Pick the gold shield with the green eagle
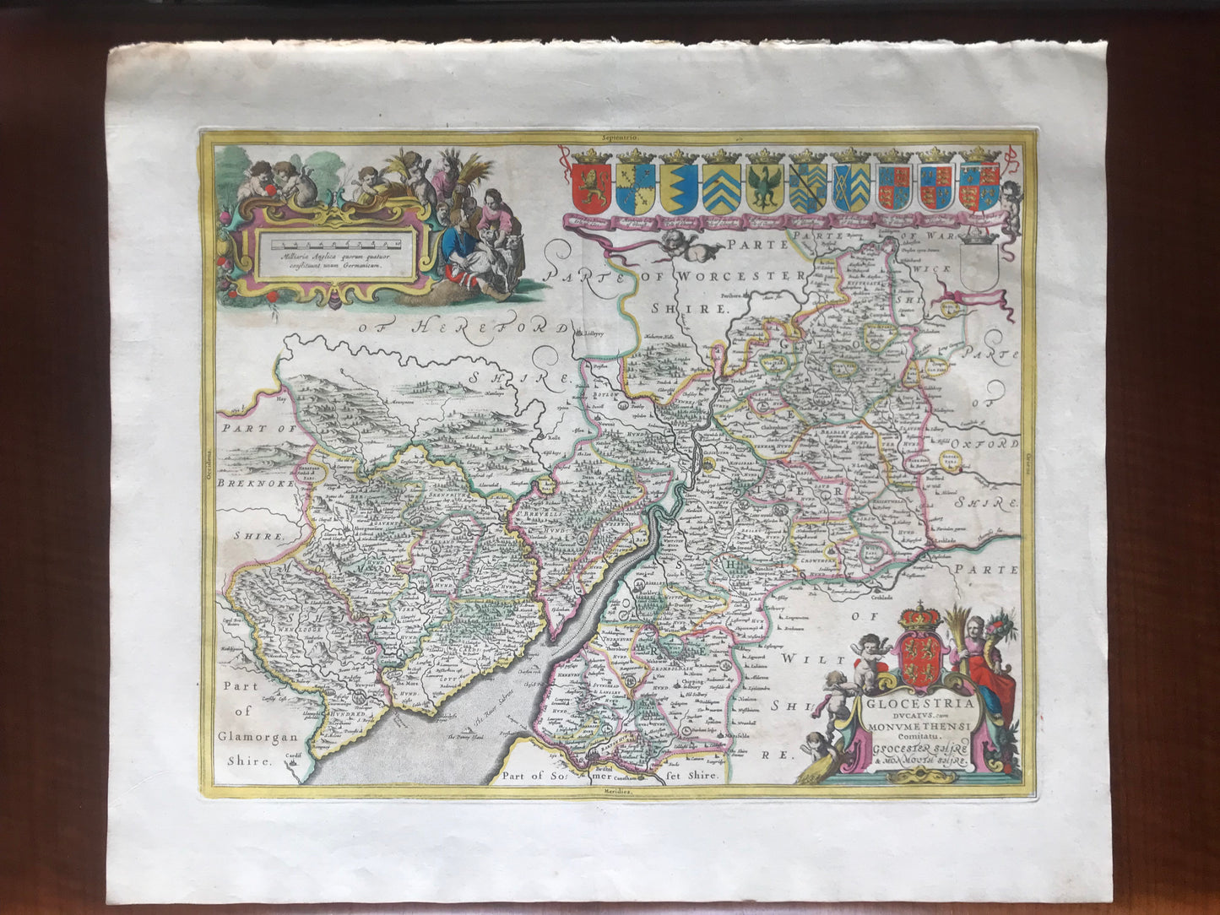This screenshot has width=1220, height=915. [x=764, y=188]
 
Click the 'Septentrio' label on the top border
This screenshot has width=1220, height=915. [x=621, y=136]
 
